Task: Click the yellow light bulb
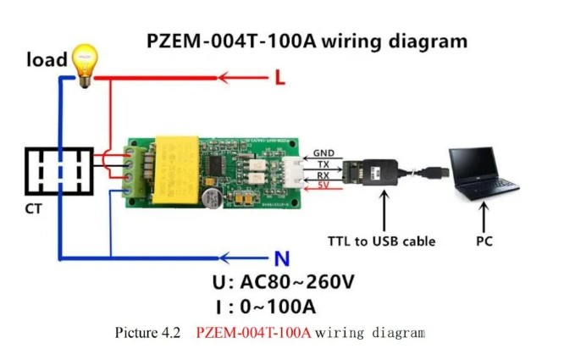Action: (x=85, y=67)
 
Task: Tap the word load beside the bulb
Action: (x=46, y=59)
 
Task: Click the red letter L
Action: (x=281, y=79)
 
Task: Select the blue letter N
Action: (x=281, y=259)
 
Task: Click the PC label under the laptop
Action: (x=485, y=241)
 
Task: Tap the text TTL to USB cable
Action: (x=381, y=241)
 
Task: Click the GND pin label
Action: (x=323, y=153)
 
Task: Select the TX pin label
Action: (x=323, y=163)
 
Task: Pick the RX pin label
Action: (x=323, y=174)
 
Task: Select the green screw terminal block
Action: (x=134, y=169)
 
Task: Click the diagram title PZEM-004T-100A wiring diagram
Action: (x=306, y=40)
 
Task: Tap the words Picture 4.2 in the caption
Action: (x=147, y=333)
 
